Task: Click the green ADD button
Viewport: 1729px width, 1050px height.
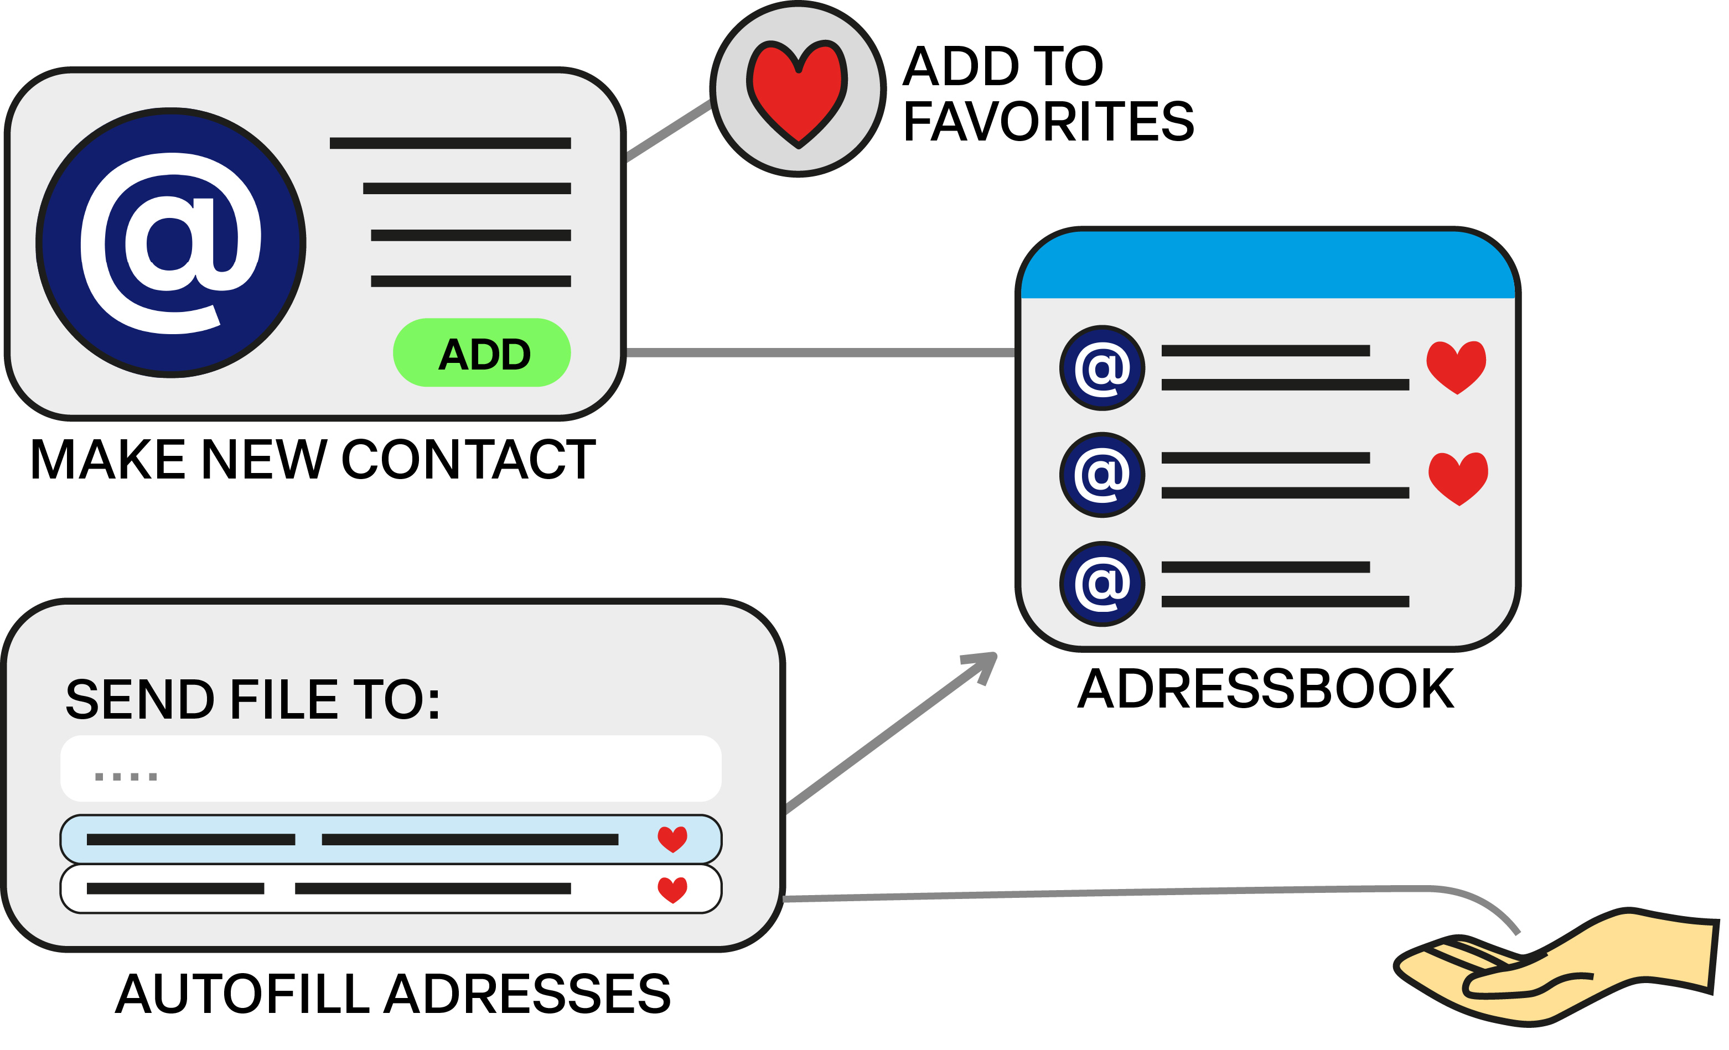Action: [x=482, y=353]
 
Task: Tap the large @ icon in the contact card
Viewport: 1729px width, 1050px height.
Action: [x=170, y=243]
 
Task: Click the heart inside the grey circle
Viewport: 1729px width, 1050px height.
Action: [x=798, y=91]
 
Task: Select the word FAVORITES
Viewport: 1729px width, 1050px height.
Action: [x=1048, y=121]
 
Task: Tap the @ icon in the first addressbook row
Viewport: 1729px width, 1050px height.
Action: [x=1102, y=367]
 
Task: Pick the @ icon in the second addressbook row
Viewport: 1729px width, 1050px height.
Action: [x=1102, y=475]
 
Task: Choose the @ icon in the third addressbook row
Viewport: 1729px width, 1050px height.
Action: [x=1102, y=584]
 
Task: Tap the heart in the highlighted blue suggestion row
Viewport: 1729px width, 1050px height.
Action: [x=672, y=839]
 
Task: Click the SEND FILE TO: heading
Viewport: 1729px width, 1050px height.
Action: [x=252, y=700]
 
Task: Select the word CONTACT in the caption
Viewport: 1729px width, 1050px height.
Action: [x=468, y=460]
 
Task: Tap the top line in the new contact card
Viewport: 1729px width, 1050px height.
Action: [x=450, y=143]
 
